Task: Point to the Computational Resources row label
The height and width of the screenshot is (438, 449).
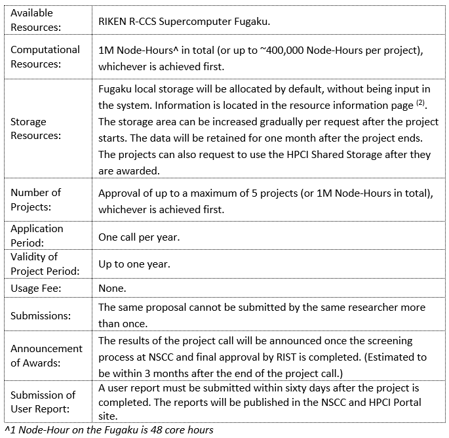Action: tap(45, 57)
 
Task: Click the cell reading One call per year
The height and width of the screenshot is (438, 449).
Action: tap(136, 237)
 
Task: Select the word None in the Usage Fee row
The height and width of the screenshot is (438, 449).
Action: tap(112, 288)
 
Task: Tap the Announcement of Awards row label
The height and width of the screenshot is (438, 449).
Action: tap(47, 356)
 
